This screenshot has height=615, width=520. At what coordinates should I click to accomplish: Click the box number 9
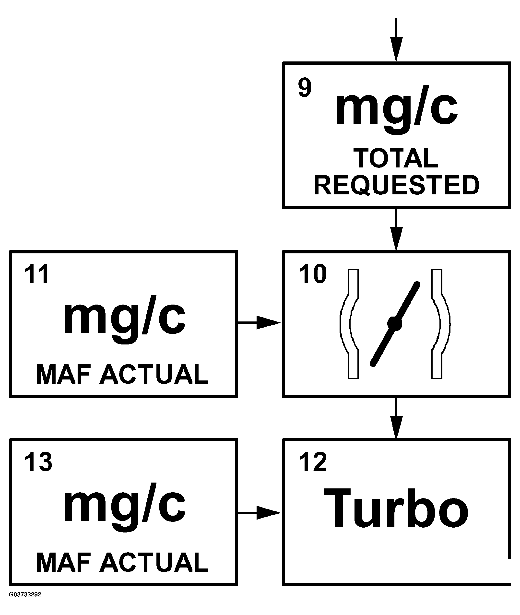[x=305, y=88]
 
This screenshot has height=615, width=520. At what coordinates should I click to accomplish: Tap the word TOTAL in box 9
[x=396, y=158]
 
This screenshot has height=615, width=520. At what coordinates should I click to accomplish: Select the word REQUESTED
[x=396, y=185]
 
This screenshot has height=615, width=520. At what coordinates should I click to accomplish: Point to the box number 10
[x=312, y=274]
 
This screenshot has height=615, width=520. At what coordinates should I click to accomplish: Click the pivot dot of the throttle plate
[x=395, y=323]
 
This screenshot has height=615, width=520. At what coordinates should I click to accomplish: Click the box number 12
[x=312, y=462]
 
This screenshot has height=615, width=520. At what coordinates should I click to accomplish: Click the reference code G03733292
[x=25, y=594]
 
